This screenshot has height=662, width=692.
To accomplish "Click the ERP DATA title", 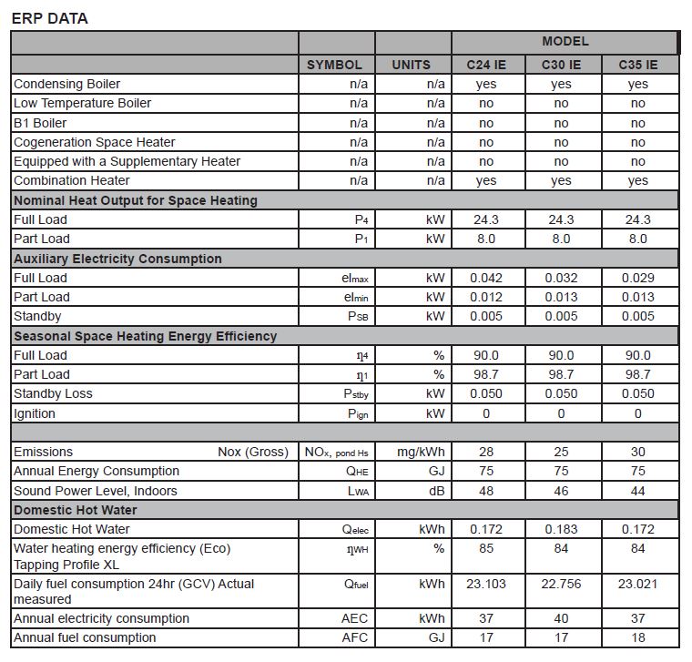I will [50, 18].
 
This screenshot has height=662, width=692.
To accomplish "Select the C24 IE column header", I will [486, 65].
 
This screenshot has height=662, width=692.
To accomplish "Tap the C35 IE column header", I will [637, 65].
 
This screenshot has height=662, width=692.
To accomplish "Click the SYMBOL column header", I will [334, 65].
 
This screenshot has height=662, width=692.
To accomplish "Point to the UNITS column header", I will [412, 65].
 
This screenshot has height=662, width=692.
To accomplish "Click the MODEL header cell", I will [565, 42].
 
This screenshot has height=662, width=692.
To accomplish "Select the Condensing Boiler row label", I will [66, 84].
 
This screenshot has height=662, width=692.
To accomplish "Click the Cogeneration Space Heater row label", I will [94, 142].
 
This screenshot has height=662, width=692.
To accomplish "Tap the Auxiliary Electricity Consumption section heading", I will [117, 259].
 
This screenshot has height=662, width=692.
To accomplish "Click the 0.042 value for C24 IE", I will [486, 278].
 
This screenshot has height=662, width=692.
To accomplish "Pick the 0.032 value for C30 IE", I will [561, 278].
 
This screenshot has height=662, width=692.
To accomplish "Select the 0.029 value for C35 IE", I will [637, 278].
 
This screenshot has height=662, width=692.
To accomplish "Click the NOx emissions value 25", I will [561, 452].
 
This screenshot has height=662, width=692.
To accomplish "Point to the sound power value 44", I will [637, 491].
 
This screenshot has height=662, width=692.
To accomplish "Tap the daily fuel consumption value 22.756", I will [561, 584].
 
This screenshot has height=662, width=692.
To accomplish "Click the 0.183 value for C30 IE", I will [561, 529].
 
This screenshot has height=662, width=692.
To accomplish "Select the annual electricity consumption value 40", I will [561, 618].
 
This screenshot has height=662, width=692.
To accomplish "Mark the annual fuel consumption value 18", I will [637, 637].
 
